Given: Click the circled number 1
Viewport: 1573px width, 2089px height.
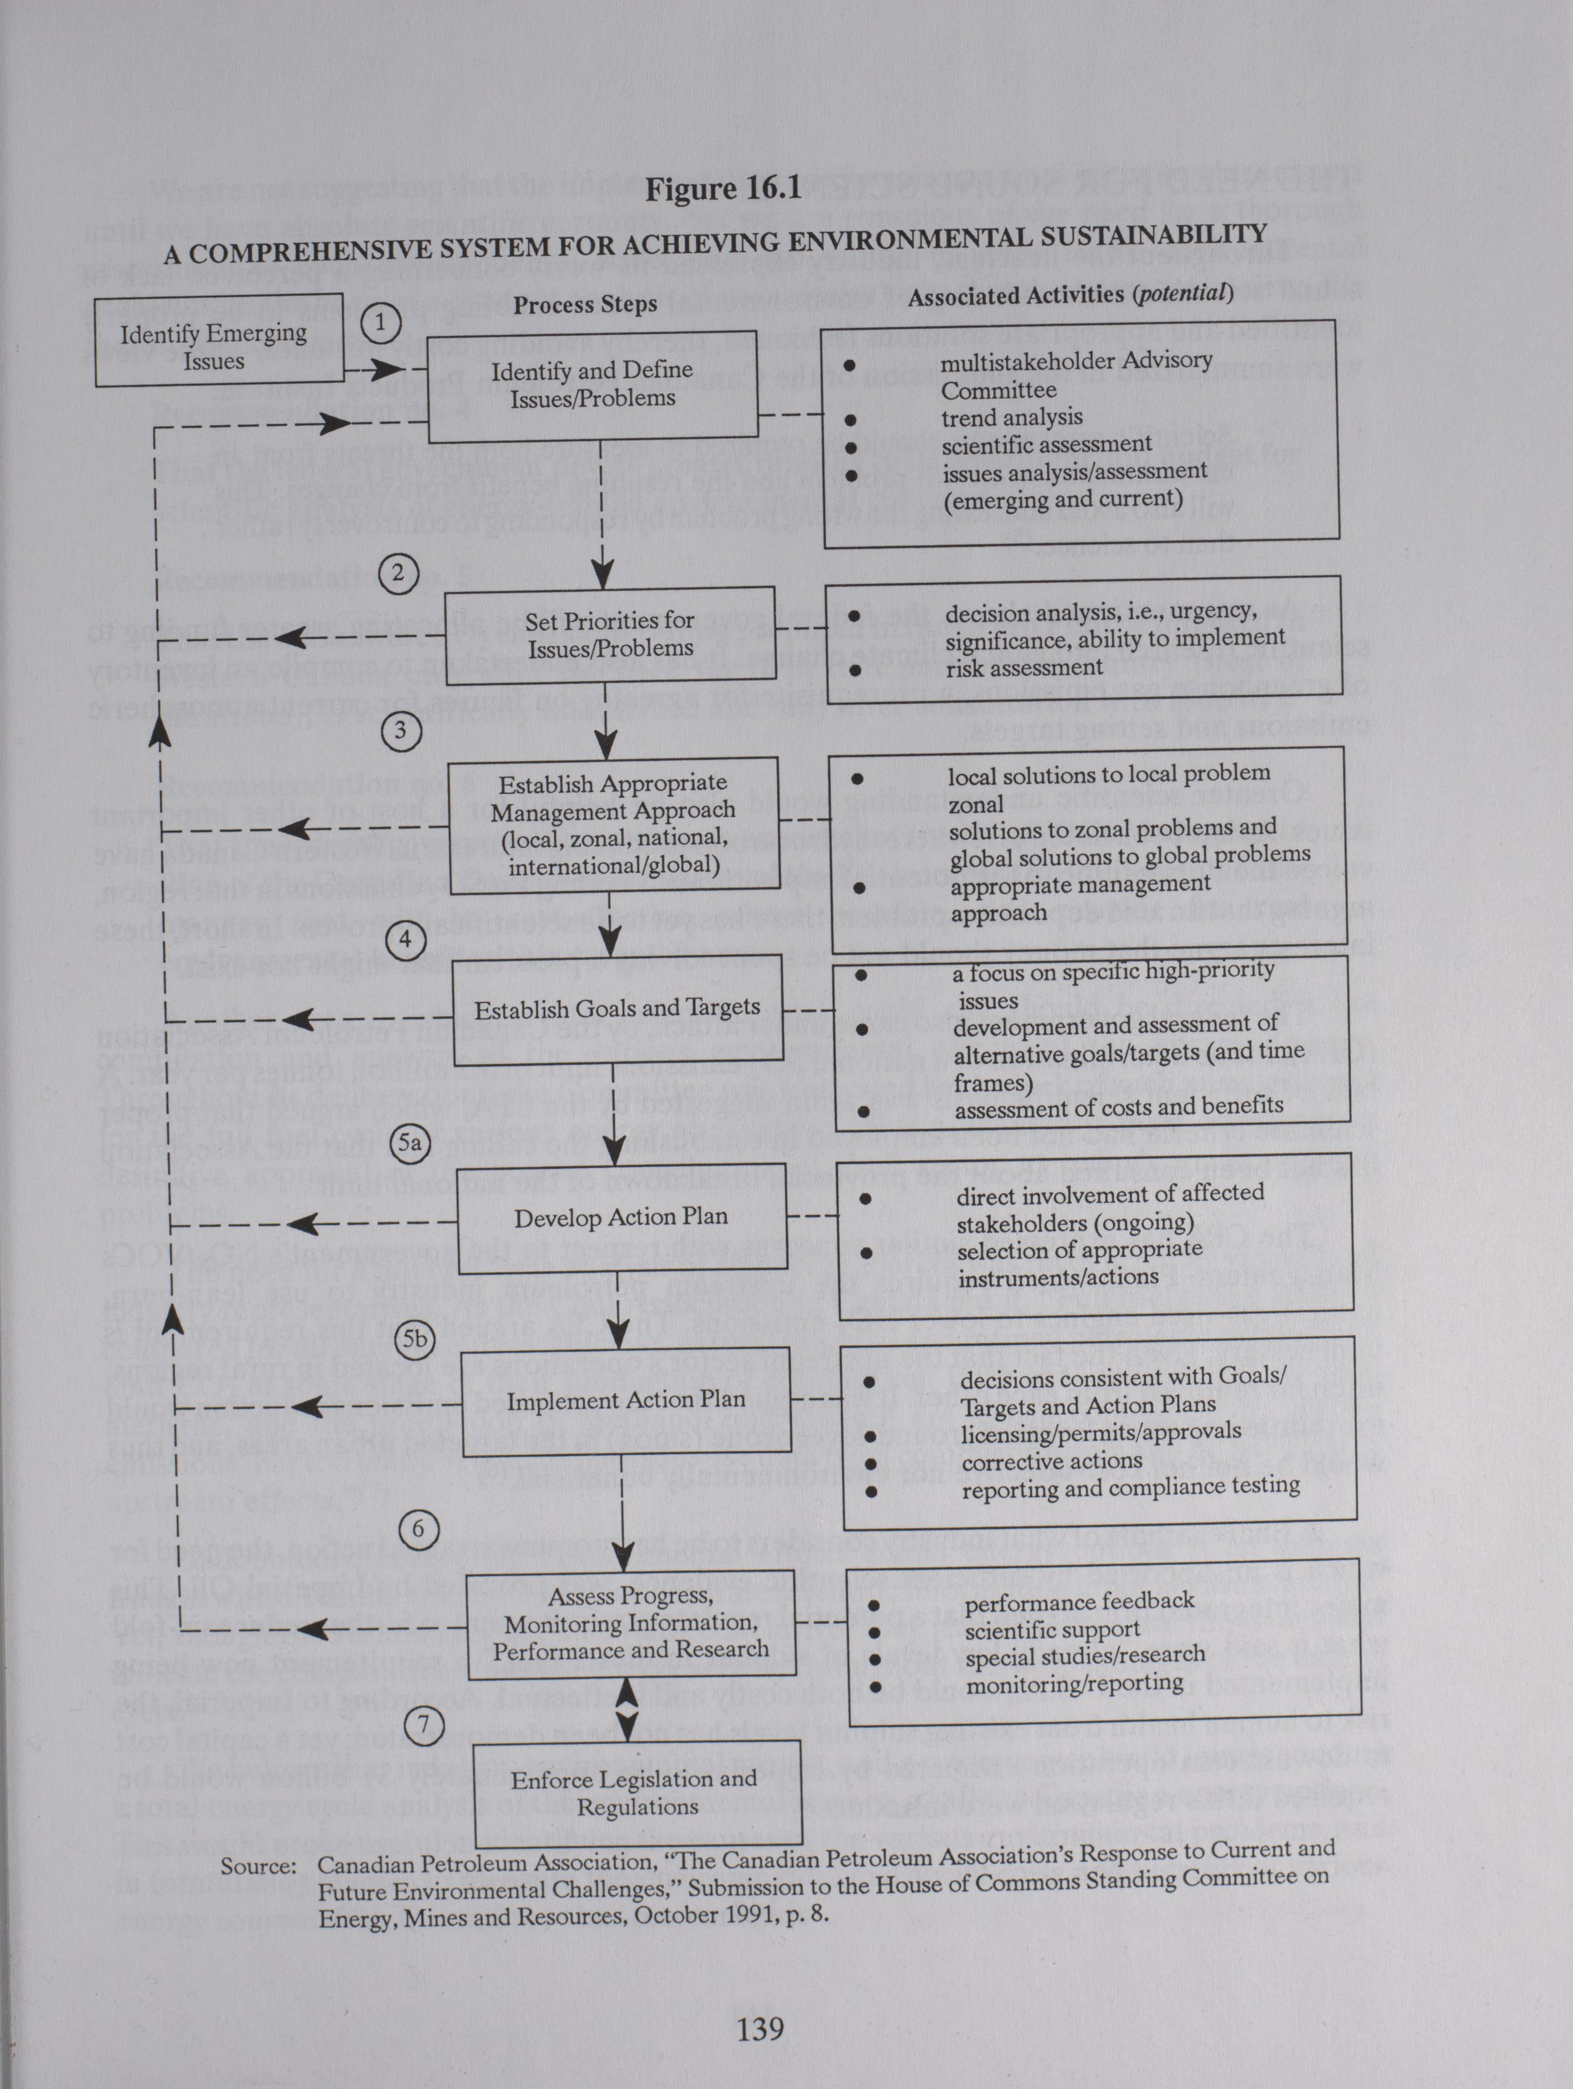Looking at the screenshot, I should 381,323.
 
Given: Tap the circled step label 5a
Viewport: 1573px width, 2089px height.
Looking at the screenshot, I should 410,1144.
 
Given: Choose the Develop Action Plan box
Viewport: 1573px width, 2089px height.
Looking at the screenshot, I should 621,1217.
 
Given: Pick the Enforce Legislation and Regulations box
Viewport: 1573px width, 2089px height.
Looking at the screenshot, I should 635,1793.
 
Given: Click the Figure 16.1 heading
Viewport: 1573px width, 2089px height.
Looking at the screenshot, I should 723,189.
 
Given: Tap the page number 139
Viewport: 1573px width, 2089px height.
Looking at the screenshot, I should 760,2028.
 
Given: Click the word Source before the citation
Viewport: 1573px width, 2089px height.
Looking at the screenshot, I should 258,1867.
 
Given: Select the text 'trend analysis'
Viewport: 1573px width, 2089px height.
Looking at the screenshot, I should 1011,418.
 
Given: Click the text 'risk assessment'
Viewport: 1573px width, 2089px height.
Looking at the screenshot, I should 1023,668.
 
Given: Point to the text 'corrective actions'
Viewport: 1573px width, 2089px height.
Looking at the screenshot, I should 1052,1461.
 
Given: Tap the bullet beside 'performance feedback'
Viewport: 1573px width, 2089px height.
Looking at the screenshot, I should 874,1606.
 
